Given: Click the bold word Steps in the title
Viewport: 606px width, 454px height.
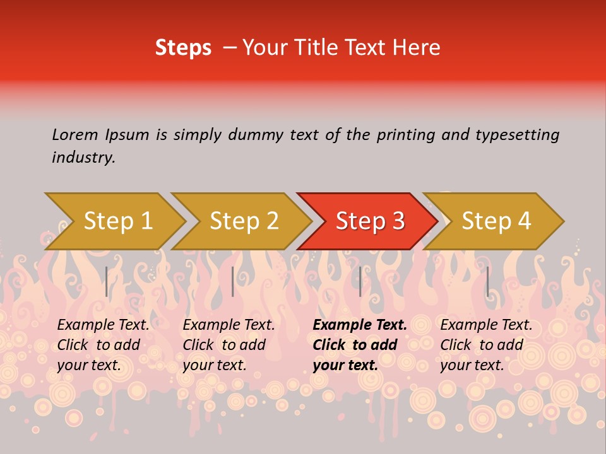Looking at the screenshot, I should click(183, 48).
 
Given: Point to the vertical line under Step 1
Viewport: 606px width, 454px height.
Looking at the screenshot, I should click(107, 281).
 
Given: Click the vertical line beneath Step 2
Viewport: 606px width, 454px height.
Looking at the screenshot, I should click(233, 281).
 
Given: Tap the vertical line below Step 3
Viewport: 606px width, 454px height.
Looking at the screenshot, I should click(360, 281).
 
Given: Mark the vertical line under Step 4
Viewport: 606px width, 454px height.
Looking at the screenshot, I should click(487, 281).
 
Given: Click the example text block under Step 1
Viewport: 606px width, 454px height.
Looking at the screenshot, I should click(103, 345).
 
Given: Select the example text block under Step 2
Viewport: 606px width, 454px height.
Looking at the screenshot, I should click(229, 345).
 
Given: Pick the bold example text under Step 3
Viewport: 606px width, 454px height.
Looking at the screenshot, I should click(360, 345).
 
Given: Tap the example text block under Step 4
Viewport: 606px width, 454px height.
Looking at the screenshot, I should click(486, 345).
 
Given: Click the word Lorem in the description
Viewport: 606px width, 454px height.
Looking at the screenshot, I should click(75, 134).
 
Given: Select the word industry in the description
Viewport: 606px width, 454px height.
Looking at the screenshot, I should click(83, 157).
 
